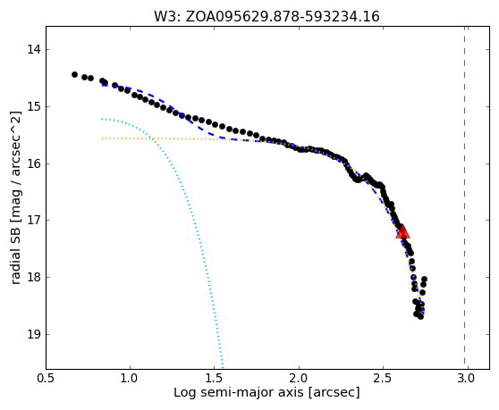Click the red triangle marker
click(x=402, y=231)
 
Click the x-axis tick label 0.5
click(x=47, y=378)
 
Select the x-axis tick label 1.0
click(x=130, y=378)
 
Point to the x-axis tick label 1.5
click(x=214, y=378)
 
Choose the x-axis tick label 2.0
click(x=299, y=378)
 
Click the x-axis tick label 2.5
click(x=383, y=378)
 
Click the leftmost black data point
click(x=74, y=74)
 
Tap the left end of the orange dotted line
click(x=102, y=138)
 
